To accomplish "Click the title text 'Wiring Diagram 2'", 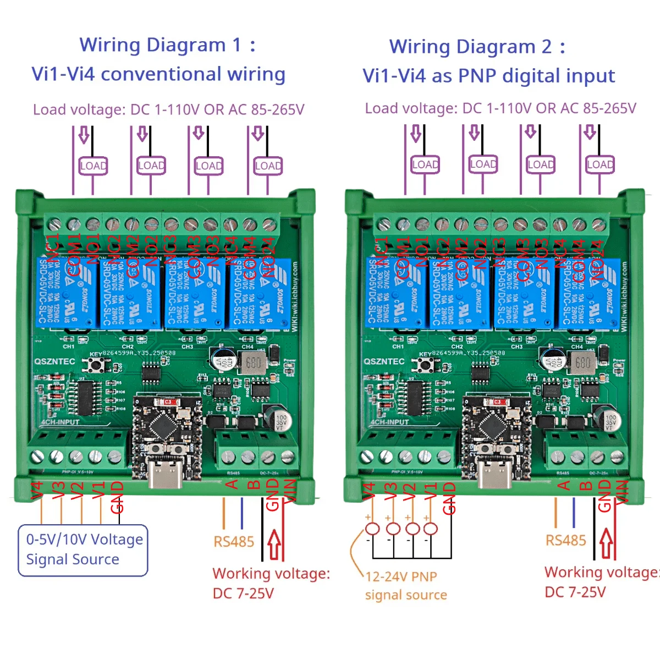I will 470,47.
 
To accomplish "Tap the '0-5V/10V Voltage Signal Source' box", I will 83,550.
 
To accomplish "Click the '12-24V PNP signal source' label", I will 406,586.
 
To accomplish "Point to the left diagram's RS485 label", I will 234,542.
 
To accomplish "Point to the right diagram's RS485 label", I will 565,541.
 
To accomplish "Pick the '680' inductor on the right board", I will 582,362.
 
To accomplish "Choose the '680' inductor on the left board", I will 253,363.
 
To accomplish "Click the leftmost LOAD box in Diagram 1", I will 93,166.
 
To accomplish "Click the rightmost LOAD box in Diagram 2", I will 599,164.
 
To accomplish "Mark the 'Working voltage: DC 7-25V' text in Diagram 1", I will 271,583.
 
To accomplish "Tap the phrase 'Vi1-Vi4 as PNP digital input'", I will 488,76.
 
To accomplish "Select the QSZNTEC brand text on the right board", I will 384,362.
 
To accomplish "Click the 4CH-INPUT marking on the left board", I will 61,422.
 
